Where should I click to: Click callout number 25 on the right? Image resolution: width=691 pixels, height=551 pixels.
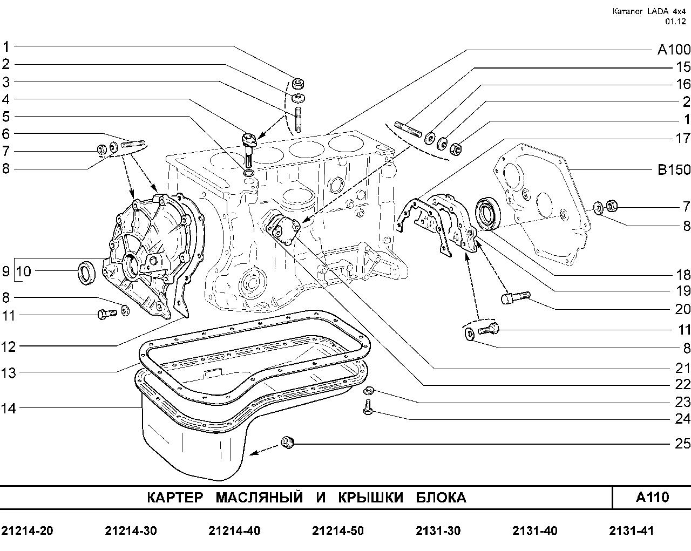tap(682, 444)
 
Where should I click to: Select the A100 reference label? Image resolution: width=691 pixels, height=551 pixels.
tap(673, 50)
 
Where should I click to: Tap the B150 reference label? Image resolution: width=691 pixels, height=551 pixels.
tap(673, 170)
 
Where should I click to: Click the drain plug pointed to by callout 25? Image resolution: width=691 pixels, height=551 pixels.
tap(288, 443)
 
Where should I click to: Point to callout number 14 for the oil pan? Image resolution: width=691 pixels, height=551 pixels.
tap(9, 409)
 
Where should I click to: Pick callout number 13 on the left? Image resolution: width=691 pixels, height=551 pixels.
tap(9, 372)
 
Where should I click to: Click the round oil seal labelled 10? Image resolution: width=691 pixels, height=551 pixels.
tap(86, 272)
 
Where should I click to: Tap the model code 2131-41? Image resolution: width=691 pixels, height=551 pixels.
tap(631, 531)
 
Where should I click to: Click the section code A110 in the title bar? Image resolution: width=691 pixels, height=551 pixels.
tap(652, 497)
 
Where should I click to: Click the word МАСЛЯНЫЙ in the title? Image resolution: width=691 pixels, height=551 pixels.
tap(259, 498)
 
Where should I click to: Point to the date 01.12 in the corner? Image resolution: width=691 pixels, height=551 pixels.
tap(675, 22)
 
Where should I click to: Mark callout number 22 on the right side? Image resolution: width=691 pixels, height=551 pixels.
tap(682, 385)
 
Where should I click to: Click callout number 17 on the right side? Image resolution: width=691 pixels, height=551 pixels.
tap(682, 138)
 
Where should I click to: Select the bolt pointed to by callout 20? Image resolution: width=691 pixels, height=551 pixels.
tap(516, 296)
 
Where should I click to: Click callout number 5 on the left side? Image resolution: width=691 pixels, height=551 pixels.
tap(6, 117)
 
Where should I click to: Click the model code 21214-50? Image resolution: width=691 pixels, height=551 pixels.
tap(338, 531)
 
